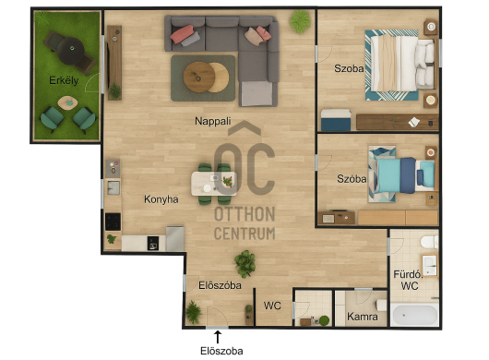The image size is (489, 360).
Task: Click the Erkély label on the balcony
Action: click(x=64, y=80)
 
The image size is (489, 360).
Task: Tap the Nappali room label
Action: click(x=213, y=121)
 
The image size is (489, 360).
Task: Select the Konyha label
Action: click(x=161, y=199)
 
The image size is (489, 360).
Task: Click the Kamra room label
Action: click(x=363, y=317)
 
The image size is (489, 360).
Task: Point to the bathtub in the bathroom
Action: click(x=415, y=315)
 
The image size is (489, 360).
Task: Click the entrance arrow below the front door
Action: click(x=218, y=337)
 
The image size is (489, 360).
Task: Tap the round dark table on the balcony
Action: click(x=71, y=51)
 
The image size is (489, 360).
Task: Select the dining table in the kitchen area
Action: click(x=214, y=184)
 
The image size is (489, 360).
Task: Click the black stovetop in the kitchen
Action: click(x=113, y=222)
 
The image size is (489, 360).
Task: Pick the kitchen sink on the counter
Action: click(x=113, y=187)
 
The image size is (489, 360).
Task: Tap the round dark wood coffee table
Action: click(x=199, y=77)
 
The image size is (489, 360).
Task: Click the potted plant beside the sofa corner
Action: click(x=300, y=21)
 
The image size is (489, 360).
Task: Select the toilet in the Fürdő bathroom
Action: click(x=429, y=242)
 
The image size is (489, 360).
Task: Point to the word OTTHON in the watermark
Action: click(x=244, y=214)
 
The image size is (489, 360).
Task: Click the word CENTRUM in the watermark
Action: click(x=244, y=234)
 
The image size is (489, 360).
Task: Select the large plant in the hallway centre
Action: click(x=245, y=264)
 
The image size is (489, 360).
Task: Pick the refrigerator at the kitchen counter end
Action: click(x=175, y=239)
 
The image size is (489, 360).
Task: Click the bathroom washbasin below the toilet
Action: click(x=430, y=265)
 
